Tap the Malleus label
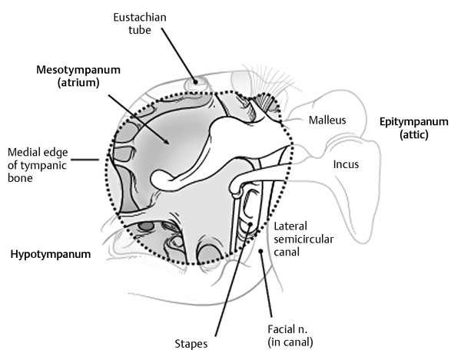[327, 120]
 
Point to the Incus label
[345, 164]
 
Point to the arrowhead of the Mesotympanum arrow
[166, 143]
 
